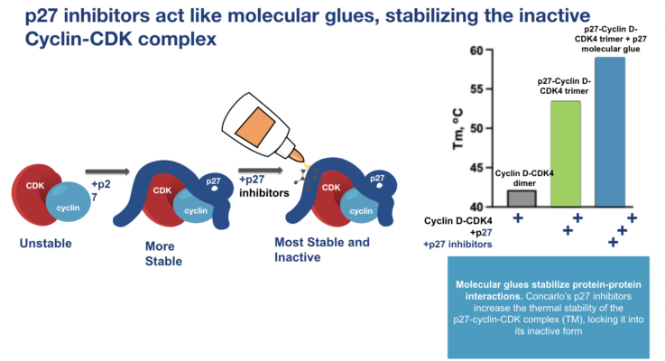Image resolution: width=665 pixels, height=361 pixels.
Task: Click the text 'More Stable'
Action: click(163, 253)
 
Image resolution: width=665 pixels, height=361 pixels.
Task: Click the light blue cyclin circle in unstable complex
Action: click(68, 203)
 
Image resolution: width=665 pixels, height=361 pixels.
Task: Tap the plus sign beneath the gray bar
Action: click(518, 218)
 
